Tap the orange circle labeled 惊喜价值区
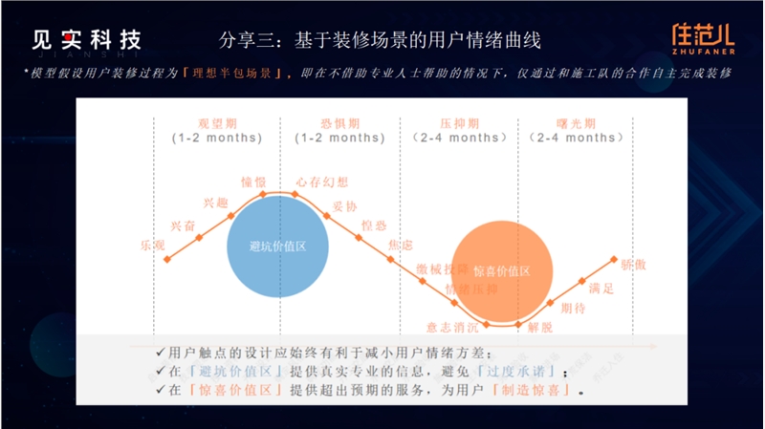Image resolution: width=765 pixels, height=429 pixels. pos(500,270)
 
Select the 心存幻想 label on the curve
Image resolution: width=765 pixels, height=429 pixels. pos(322,182)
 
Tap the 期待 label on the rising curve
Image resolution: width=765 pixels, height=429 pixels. pos(573,308)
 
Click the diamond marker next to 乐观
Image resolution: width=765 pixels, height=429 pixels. pos(168,258)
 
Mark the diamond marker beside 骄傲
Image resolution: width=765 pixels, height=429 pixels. pos(613,259)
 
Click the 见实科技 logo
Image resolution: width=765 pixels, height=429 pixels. pos(86,41)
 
